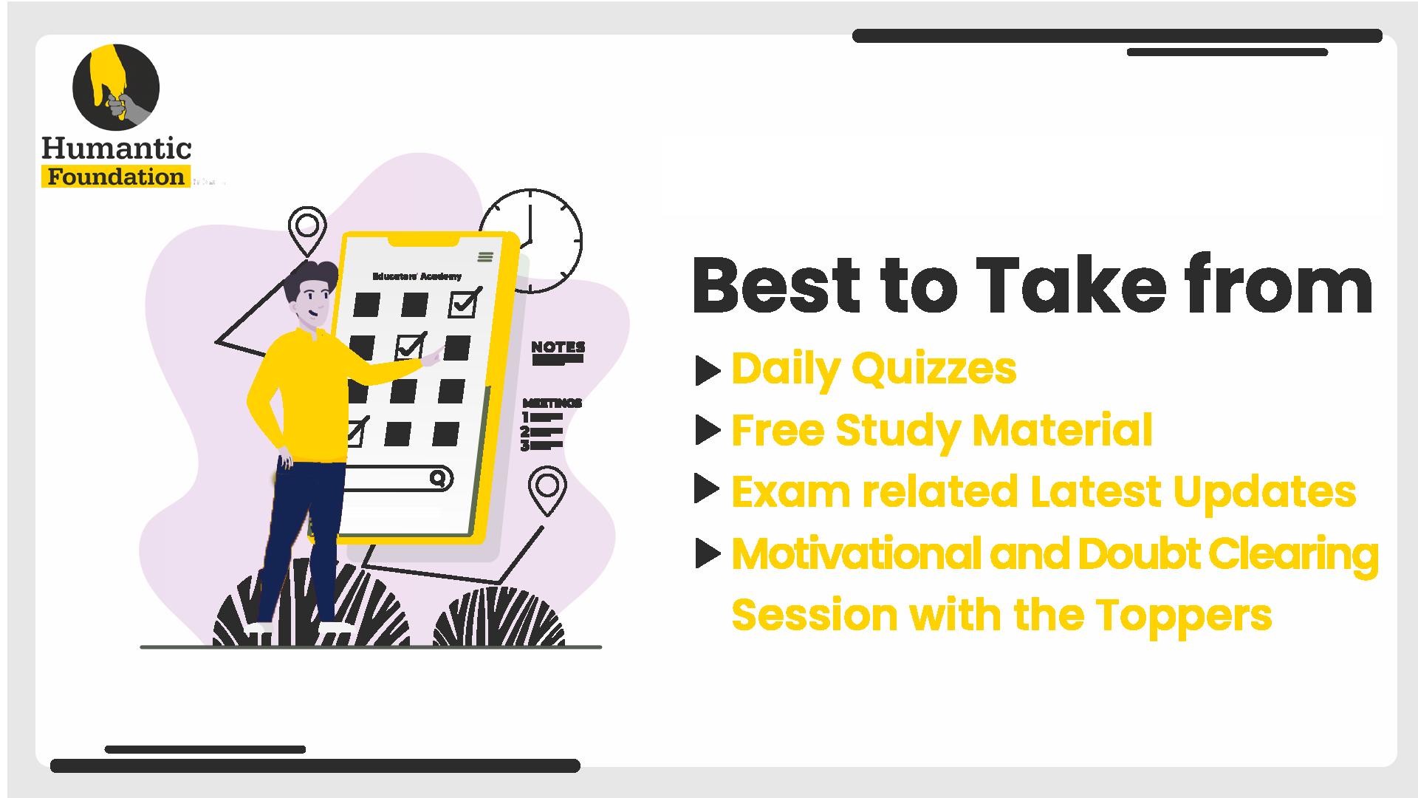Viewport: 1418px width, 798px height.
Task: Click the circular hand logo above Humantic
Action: (x=116, y=87)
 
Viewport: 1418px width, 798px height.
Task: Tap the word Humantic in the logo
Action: (x=117, y=149)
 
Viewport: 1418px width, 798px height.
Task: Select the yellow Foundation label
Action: (x=116, y=177)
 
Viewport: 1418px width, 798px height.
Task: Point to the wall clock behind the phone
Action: (x=530, y=241)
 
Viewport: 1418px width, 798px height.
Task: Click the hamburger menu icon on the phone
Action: (x=485, y=256)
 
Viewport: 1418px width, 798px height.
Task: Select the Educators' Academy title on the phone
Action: (x=417, y=276)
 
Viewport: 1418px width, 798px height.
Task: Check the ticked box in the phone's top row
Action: (x=464, y=303)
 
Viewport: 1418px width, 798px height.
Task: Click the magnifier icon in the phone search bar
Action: (x=439, y=479)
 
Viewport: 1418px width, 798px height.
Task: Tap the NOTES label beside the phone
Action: (x=558, y=347)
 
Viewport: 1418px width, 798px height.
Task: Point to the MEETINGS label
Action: (x=552, y=403)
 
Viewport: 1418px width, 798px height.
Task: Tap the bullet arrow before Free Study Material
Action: (x=708, y=431)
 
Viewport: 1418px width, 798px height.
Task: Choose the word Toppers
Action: (x=1184, y=615)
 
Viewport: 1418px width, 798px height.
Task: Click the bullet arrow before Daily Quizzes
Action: (x=708, y=371)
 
